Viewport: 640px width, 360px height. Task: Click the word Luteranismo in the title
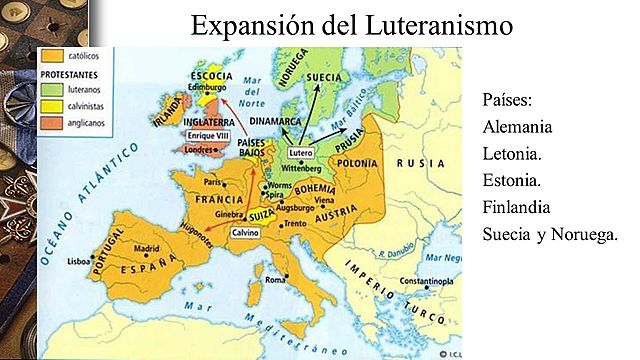tap(435, 24)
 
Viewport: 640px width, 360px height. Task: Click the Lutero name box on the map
tap(301, 153)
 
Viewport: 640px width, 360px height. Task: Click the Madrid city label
tap(147, 248)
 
